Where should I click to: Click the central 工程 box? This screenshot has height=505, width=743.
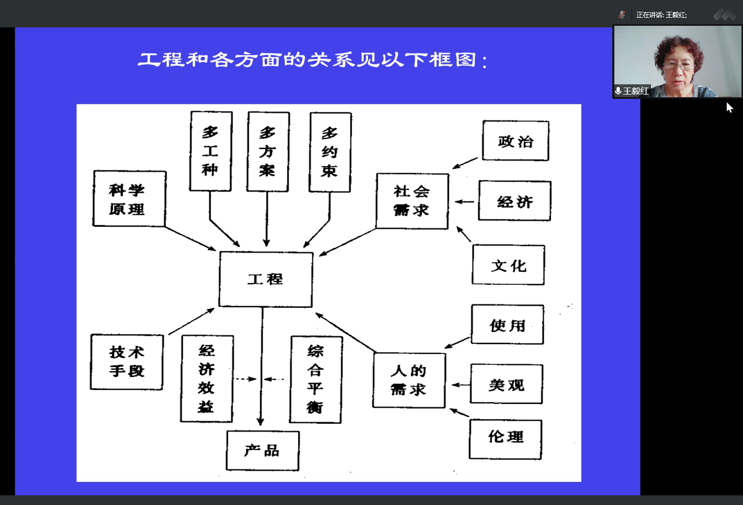[266, 279]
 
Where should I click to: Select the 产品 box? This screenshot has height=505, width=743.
[263, 450]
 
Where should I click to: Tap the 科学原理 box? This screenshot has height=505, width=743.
[129, 199]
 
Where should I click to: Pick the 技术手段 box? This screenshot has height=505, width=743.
[127, 362]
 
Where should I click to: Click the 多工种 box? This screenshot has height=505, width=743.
[210, 151]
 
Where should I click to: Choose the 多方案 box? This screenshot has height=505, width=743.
[268, 151]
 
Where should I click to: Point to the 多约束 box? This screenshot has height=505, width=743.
[330, 153]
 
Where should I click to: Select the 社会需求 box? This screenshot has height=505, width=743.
[412, 201]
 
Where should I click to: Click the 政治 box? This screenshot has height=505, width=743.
[515, 141]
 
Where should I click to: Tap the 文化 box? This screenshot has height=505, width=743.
[508, 264]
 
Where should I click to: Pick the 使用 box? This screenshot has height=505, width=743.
[507, 324]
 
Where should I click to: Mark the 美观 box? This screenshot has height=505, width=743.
[506, 384]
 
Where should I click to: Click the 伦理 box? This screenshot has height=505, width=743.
[506, 439]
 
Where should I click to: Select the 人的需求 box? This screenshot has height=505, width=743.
[409, 380]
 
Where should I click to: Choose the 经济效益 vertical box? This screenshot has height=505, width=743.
[207, 379]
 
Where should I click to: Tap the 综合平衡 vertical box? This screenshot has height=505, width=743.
[316, 379]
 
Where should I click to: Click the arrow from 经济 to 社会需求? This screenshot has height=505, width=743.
[464, 201]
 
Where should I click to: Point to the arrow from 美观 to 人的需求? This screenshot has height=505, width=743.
[461, 385]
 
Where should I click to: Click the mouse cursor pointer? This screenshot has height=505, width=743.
[730, 107]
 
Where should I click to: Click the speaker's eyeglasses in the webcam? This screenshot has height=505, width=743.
[678, 66]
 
